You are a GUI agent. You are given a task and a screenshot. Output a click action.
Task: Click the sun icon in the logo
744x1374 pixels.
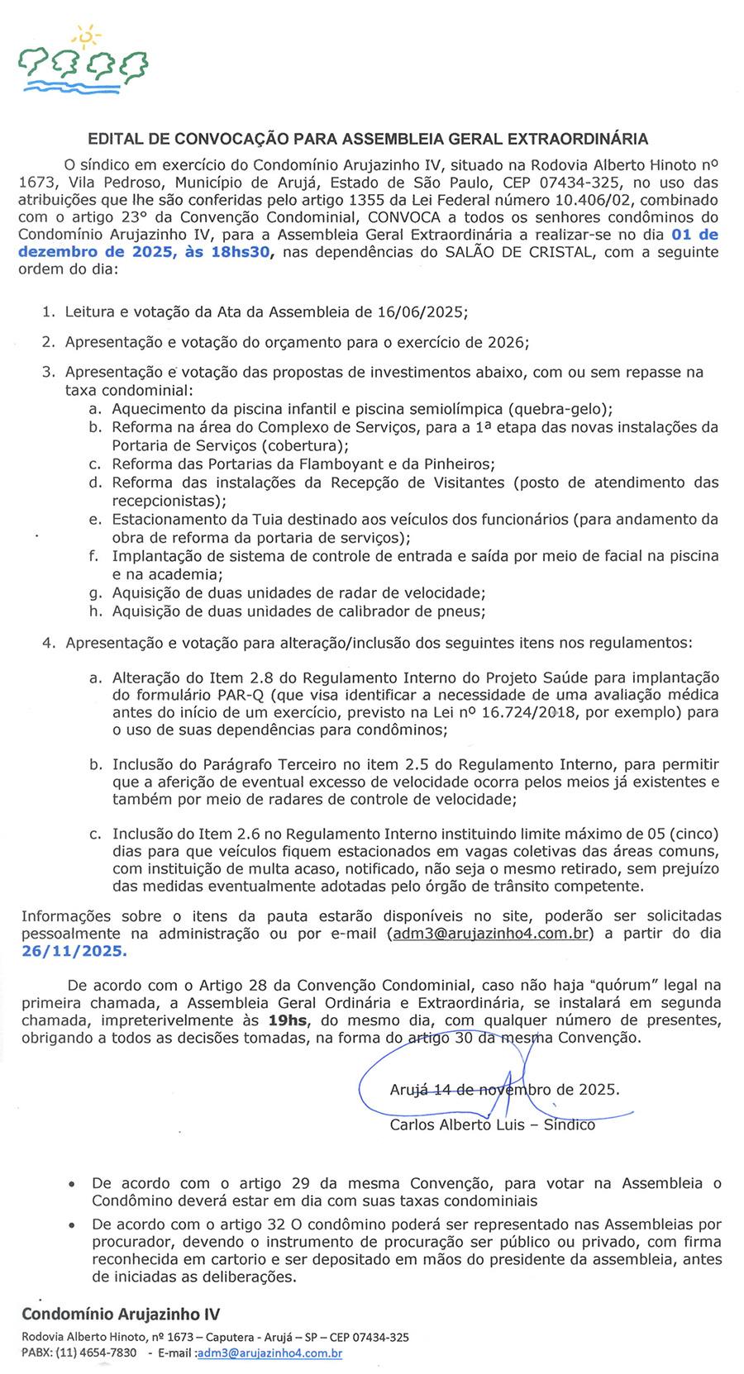[x=85, y=36]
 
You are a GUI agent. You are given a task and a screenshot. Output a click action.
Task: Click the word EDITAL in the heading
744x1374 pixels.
[x=116, y=139]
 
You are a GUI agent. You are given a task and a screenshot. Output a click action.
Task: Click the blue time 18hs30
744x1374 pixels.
[x=241, y=252]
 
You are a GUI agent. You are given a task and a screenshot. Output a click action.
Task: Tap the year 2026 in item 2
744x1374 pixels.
[x=506, y=342]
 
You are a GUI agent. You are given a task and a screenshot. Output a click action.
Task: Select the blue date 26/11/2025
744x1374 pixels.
[x=74, y=951]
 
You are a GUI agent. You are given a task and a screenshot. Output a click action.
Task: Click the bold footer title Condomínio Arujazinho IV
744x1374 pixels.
[x=121, y=1314]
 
